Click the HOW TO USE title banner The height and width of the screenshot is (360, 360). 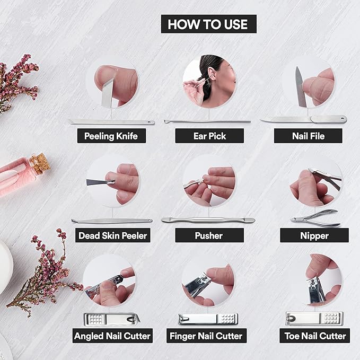[209, 24]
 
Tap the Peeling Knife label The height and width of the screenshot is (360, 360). [111, 136]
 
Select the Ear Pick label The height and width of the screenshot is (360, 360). [209, 136]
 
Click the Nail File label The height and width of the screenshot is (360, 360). [308, 136]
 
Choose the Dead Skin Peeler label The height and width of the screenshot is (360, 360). [113, 235]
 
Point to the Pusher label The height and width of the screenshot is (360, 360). [209, 235]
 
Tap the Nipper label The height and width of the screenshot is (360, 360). [314, 235]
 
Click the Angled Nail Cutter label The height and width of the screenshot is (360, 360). [112, 336]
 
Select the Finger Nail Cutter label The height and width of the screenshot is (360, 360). [206, 336]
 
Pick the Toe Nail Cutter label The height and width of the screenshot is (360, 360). [315, 336]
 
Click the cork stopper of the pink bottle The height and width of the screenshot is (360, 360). [40, 163]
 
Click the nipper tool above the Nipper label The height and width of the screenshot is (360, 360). [315, 218]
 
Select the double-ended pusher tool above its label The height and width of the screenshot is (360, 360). [208, 220]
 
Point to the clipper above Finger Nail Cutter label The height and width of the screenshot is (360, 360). [208, 319]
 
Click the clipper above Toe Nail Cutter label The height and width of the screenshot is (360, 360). [314, 318]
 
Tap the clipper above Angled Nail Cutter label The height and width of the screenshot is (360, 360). [112, 319]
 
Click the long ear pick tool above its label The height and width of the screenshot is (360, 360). [207, 121]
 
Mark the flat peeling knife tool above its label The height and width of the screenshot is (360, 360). [112, 122]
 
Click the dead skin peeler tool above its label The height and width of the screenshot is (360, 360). [112, 221]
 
